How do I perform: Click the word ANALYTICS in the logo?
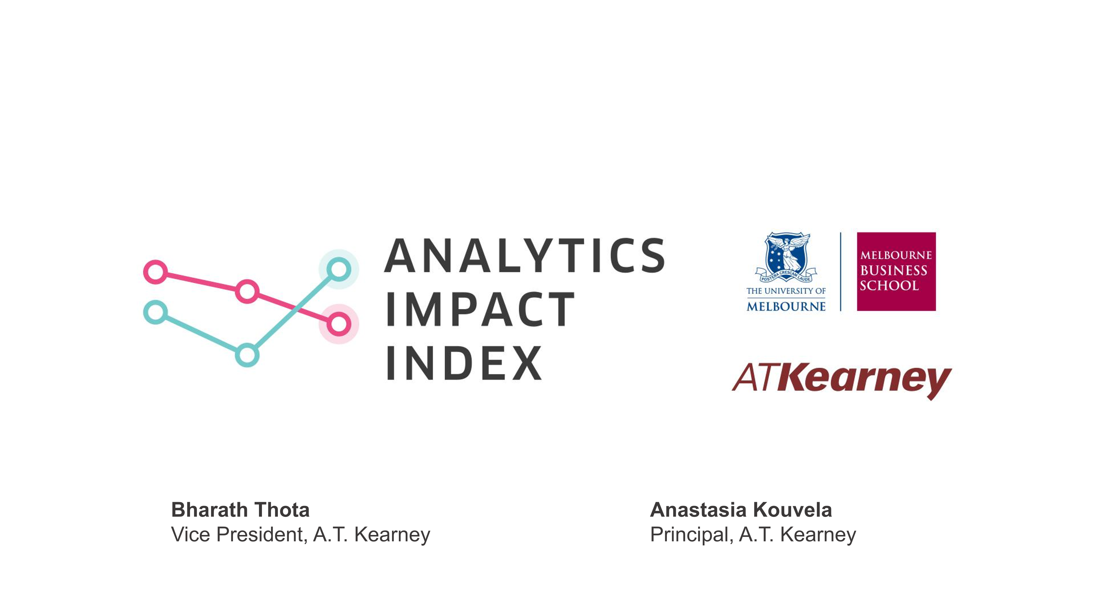[525, 255]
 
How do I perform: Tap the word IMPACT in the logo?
[480, 309]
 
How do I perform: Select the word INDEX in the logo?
[464, 363]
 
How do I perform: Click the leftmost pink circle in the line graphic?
[155, 272]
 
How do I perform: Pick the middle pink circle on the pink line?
[247, 291]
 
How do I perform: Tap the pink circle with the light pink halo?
[339, 324]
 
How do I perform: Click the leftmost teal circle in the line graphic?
[156, 312]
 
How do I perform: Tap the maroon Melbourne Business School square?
[896, 271]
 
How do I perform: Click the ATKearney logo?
[842, 380]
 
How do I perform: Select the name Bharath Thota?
[240, 510]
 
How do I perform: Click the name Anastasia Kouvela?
[741, 510]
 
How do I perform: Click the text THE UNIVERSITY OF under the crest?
[786, 291]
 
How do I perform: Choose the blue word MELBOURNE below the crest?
[786, 306]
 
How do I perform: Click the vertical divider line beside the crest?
[841, 271]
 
